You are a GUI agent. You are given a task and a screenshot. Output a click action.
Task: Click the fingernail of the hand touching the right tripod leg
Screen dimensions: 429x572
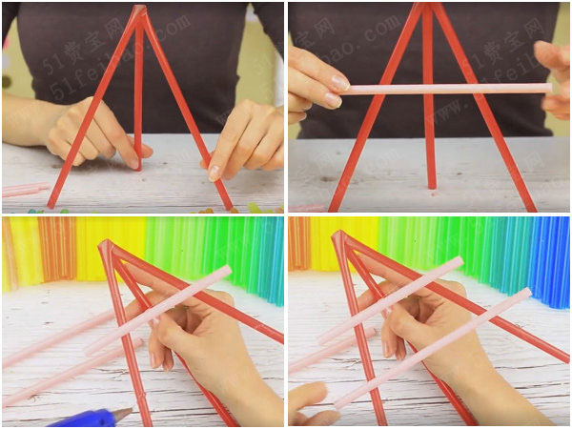(x=214, y=173)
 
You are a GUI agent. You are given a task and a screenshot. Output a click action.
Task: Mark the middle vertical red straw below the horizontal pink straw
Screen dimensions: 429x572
(x=429, y=143)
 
